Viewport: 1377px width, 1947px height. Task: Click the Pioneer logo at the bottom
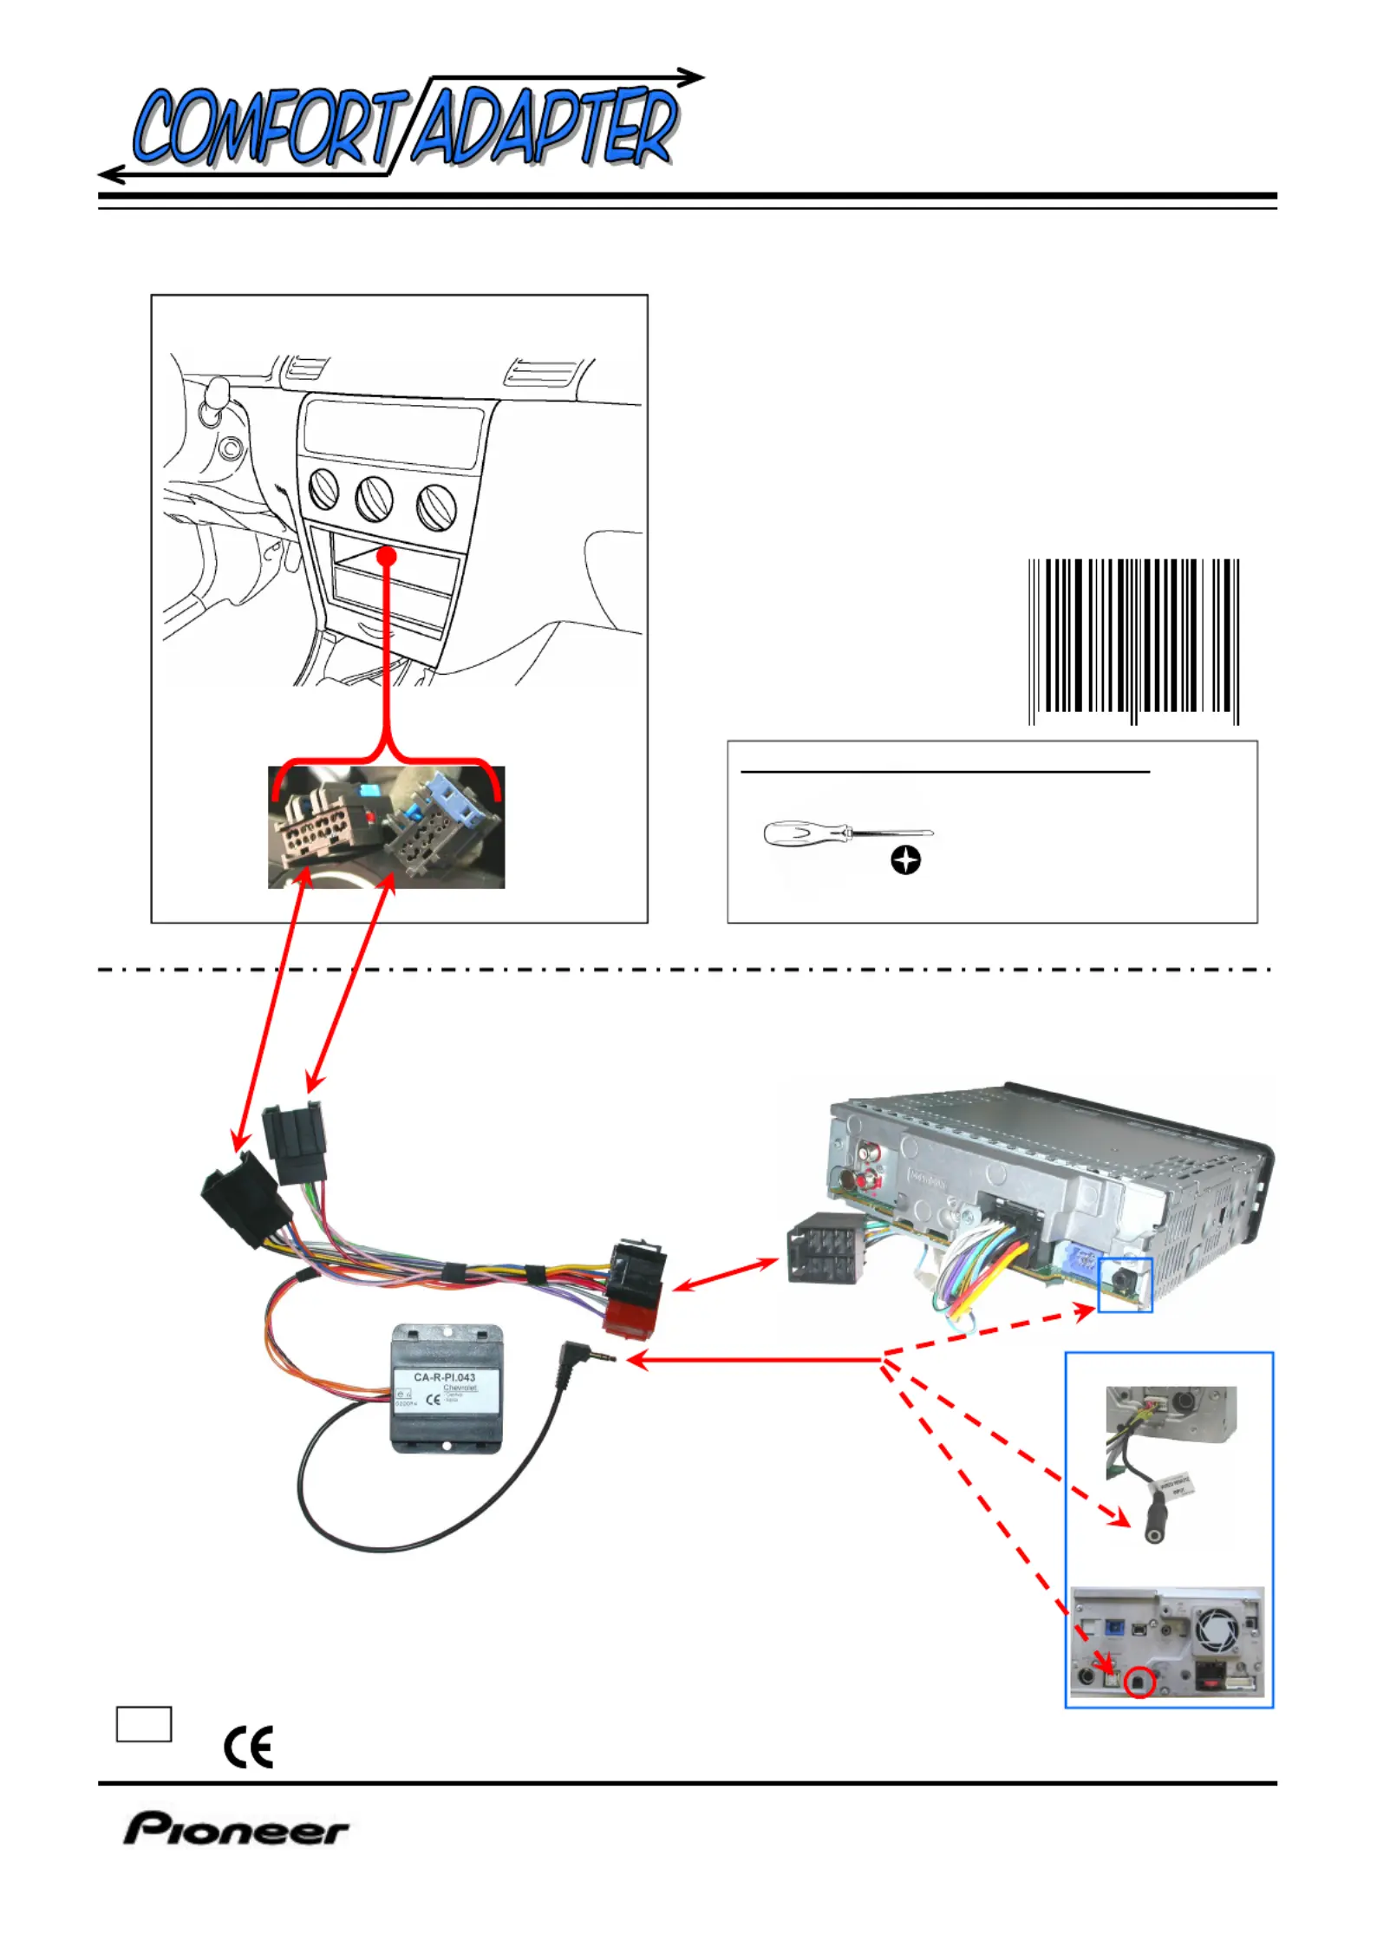click(236, 1829)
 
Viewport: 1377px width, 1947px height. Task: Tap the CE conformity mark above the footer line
click(249, 1746)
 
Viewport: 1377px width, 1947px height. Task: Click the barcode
click(1133, 641)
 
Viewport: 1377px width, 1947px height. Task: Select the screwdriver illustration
click(847, 834)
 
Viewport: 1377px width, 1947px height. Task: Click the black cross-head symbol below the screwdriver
click(905, 860)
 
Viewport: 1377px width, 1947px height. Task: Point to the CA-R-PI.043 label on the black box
click(444, 1376)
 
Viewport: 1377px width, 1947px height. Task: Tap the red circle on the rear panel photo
click(1139, 1683)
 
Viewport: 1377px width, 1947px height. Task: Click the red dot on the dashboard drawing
click(387, 556)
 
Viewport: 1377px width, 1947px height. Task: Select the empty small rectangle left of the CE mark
click(144, 1723)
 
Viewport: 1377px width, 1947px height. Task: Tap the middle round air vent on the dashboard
click(374, 499)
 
